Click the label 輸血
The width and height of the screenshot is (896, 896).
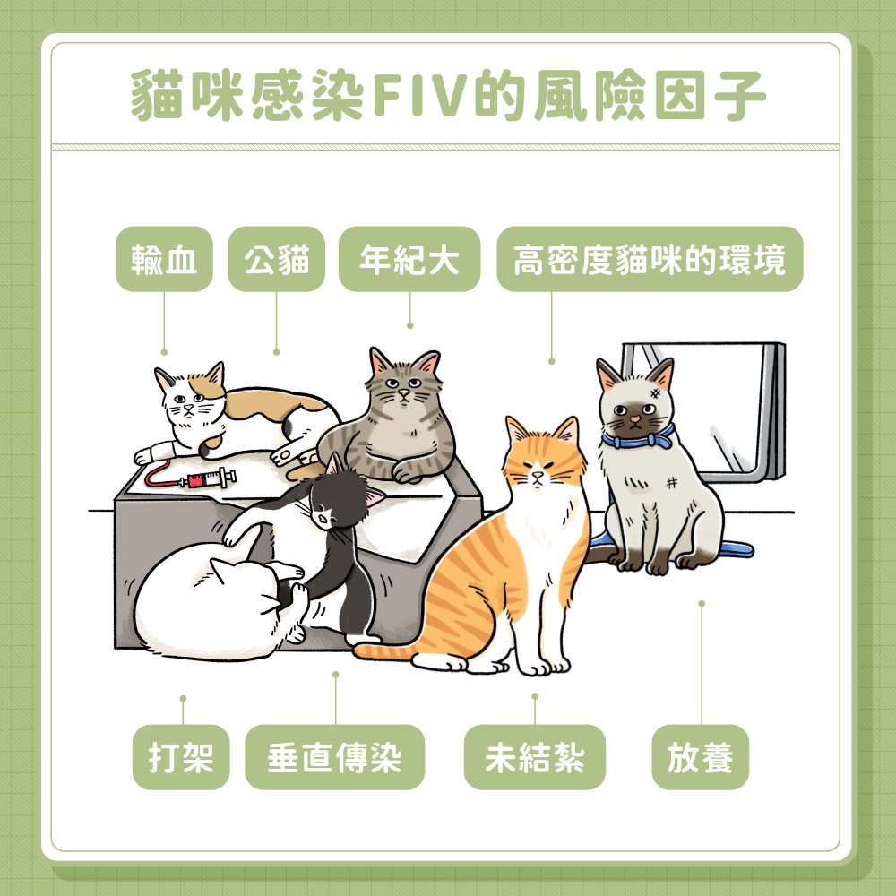pyautogui.click(x=164, y=260)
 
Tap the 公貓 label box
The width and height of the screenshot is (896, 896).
pyautogui.click(x=276, y=260)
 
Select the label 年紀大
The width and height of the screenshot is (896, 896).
pyautogui.click(x=409, y=260)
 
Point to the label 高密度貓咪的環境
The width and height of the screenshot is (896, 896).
pyautogui.click(x=650, y=260)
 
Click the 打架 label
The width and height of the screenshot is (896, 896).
pyautogui.click(x=182, y=758)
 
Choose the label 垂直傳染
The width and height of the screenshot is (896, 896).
pyautogui.click(x=334, y=758)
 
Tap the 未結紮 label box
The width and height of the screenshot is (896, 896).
pyautogui.click(x=534, y=758)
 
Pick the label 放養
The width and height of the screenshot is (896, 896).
pyautogui.click(x=700, y=758)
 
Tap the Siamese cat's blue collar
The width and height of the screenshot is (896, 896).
pyautogui.click(x=638, y=438)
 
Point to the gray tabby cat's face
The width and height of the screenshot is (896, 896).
pyautogui.click(x=405, y=385)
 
